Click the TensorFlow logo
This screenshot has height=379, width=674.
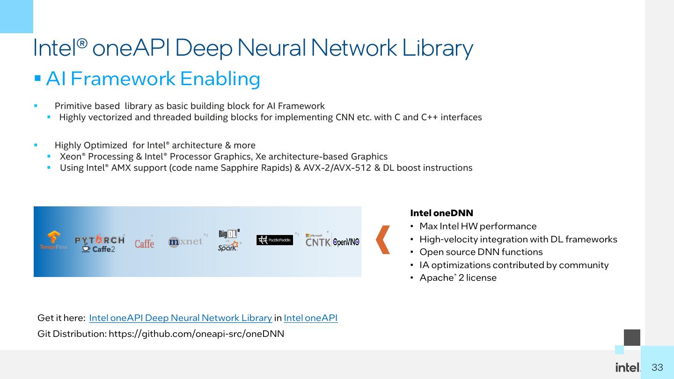pos(53,241)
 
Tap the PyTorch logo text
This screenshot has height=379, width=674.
pos(100,240)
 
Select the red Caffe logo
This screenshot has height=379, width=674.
pos(145,243)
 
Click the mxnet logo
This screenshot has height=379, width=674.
pos(185,241)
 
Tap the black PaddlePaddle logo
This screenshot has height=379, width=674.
pos(274,240)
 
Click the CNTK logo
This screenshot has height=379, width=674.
pos(318,241)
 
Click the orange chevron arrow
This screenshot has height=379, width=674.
pos(383,240)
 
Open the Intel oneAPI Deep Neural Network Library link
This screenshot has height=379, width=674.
pos(181,318)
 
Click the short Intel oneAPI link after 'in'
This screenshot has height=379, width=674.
pos(310,318)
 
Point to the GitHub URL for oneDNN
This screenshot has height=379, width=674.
pos(197,334)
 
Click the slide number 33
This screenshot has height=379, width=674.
pos(657,367)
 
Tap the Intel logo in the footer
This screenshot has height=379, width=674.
pos(628,367)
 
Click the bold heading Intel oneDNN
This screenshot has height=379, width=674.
pos(441,213)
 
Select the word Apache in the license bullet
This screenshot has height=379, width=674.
pos(436,278)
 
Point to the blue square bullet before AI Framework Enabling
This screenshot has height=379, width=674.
pos(37,79)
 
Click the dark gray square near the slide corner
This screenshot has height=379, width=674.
pos(632,337)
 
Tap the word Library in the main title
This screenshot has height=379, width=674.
pos(438,48)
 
